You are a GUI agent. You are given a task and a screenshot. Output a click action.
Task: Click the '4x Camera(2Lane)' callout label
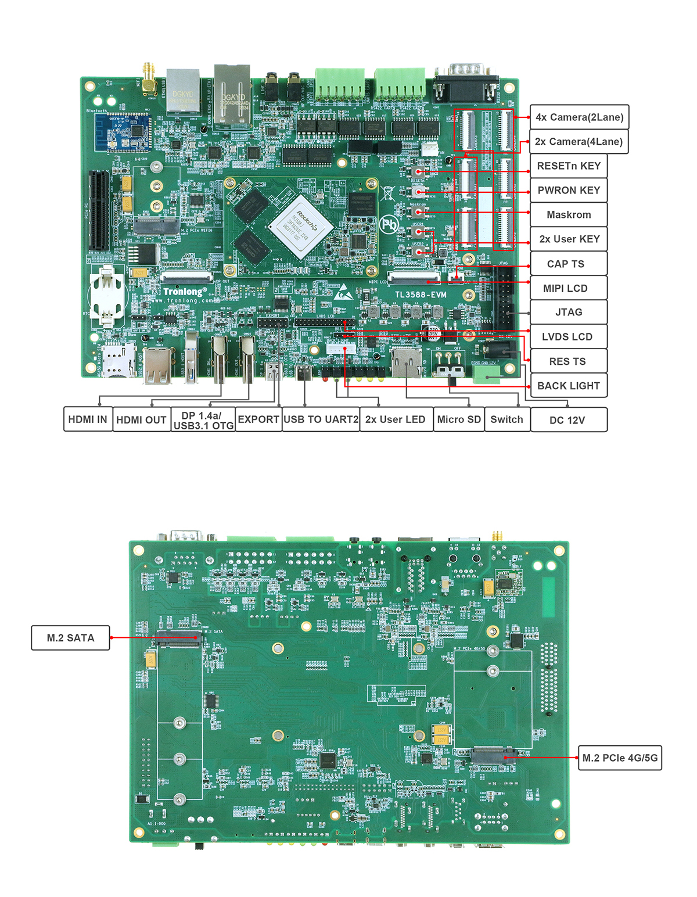[579, 117]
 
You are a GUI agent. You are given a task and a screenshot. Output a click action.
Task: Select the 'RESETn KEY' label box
[569, 166]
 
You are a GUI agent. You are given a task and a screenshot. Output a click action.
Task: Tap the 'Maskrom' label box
[569, 215]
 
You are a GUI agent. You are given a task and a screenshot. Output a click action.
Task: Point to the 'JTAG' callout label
[569, 313]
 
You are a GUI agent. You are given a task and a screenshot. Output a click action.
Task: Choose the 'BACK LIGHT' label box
[569, 386]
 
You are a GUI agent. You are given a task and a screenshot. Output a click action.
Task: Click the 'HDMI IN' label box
[88, 419]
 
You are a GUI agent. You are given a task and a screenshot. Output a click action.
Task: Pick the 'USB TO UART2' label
[321, 419]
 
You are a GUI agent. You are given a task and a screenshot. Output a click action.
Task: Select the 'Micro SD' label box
[459, 419]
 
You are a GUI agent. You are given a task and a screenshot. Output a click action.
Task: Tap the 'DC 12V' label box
[567, 420]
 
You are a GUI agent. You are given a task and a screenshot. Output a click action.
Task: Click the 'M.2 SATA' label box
[70, 638]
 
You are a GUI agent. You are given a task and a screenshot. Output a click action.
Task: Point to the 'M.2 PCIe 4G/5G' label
[620, 758]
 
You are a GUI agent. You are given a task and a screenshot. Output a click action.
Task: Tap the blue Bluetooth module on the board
[123, 132]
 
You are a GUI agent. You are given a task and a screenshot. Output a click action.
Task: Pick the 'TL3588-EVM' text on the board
[421, 295]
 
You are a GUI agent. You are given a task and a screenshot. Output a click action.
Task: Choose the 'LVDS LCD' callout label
[567, 337]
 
